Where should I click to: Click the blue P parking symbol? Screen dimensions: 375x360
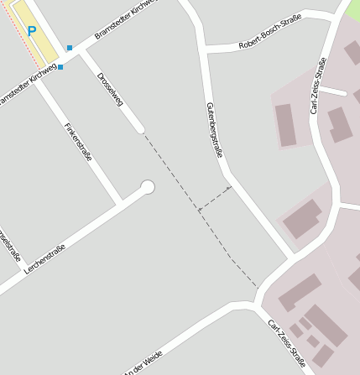pos(32,32)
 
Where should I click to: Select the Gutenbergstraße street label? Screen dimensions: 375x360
pos(214,130)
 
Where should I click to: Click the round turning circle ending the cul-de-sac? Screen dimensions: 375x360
pos(148,187)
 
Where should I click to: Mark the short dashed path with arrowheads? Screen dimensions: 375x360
pos(215,199)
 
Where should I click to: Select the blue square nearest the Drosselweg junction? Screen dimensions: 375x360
pos(70,48)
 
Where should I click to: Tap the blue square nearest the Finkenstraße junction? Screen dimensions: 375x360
pos(60,67)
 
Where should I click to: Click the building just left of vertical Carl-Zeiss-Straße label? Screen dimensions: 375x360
pos(286,125)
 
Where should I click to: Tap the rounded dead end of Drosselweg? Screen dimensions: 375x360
pos(140,129)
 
